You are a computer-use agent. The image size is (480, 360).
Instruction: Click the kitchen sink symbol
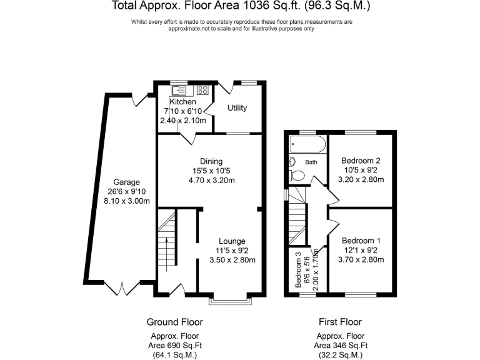tap(179, 91)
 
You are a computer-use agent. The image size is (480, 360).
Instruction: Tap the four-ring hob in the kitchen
tap(202, 90)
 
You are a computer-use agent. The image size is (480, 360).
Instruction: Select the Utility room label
tap(237, 108)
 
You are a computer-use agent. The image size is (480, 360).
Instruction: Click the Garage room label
tap(126, 182)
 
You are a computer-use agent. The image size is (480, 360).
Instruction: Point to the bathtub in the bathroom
tap(307, 144)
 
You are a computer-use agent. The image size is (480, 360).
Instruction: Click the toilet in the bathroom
tap(297, 176)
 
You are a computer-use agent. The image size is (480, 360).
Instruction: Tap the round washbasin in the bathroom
tap(292, 161)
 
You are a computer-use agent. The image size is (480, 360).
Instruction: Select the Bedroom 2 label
tap(361, 161)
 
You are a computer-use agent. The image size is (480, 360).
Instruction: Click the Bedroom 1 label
tap(361, 241)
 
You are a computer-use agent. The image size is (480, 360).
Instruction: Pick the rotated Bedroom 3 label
tap(299, 270)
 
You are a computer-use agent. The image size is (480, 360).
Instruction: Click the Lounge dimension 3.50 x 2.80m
tap(232, 260)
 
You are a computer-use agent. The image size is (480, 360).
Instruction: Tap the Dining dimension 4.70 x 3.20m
tap(211, 180)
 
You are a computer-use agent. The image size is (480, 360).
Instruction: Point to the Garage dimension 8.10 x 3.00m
tap(127, 201)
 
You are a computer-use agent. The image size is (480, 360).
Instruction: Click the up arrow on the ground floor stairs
tap(166, 254)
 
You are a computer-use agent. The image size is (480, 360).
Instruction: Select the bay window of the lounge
tap(231, 301)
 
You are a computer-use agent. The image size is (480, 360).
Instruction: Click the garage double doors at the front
tap(122, 288)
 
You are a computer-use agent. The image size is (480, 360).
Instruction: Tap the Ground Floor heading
tap(175, 322)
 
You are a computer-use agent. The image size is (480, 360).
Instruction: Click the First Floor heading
tap(340, 322)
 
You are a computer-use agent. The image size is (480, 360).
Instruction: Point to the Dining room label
tap(211, 162)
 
